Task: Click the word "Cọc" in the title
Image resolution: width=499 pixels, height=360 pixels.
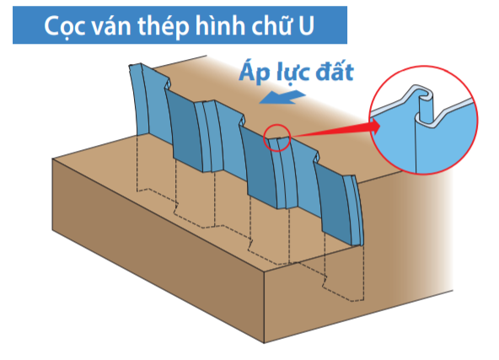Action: [x=65, y=26]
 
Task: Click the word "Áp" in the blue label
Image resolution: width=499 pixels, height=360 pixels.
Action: [x=255, y=73]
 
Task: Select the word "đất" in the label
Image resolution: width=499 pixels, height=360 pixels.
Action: [x=335, y=72]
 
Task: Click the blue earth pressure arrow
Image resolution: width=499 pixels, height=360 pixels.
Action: [x=282, y=97]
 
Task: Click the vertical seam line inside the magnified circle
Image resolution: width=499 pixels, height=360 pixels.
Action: [x=415, y=143]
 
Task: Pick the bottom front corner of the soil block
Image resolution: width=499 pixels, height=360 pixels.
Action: [x=264, y=343]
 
